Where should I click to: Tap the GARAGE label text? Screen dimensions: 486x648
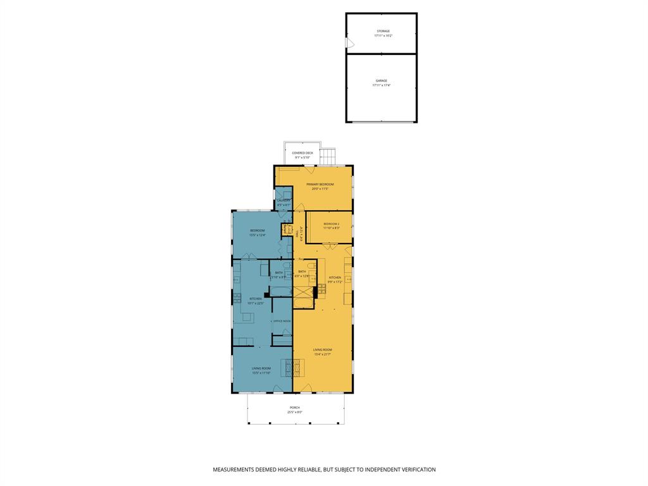pyautogui.click(x=382, y=81)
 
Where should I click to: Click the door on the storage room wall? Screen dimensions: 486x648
pyautogui.click(x=349, y=43)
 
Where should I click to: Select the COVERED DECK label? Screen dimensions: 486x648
pyautogui.click(x=302, y=153)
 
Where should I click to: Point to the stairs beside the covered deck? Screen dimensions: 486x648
pyautogui.click(x=328, y=156)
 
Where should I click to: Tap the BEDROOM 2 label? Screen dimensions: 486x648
pyautogui.click(x=332, y=224)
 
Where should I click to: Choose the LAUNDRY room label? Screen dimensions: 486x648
pyautogui.click(x=283, y=201)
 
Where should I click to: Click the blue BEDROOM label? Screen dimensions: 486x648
pyautogui.click(x=257, y=230)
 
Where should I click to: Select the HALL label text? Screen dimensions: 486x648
pyautogui.click(x=297, y=234)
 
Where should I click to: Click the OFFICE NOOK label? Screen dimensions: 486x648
pyautogui.click(x=282, y=321)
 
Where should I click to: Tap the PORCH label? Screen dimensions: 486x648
pyautogui.click(x=295, y=408)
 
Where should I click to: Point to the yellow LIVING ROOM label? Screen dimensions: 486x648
pyautogui.click(x=323, y=350)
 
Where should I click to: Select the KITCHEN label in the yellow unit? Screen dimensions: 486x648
pyautogui.click(x=335, y=277)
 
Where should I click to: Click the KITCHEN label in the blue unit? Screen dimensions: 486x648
pyautogui.click(x=255, y=299)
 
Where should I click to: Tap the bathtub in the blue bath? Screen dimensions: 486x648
pyautogui.click(x=281, y=291)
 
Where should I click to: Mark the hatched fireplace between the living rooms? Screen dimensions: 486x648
pyautogui.click(x=288, y=368)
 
